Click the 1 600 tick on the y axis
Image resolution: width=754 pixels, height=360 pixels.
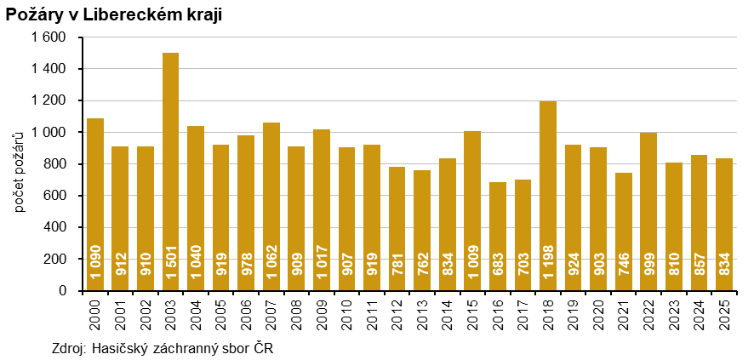coord(49,37)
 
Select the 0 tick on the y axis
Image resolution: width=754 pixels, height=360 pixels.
coord(63,291)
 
